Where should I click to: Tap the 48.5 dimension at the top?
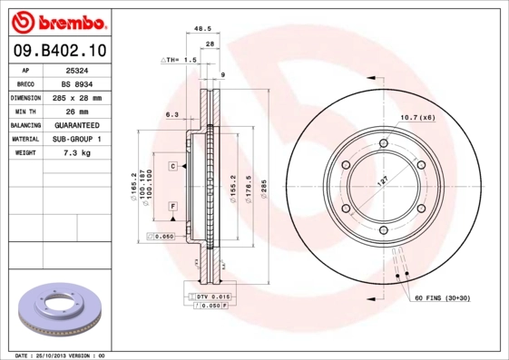tap(204, 31)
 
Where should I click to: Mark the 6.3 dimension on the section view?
tap(171, 114)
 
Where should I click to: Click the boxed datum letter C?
tap(171, 167)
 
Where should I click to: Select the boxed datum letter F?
tap(171, 207)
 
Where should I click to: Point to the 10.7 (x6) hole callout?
tap(417, 117)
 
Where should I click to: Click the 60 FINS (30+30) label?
tap(449, 298)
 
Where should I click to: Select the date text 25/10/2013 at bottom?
tap(56, 355)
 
